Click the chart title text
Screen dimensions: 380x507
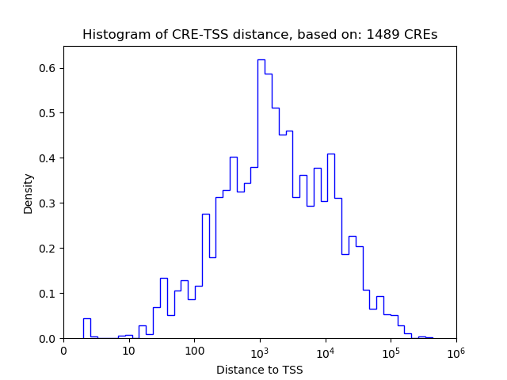coord(260,35)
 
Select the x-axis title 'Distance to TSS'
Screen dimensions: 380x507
coord(260,369)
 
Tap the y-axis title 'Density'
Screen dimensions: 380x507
coord(29,193)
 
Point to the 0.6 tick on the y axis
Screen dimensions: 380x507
coord(49,68)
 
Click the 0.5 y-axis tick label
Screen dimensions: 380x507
coord(49,113)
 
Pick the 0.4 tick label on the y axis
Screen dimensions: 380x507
coord(49,158)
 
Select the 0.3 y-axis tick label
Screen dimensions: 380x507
coord(49,203)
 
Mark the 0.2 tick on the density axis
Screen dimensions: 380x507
coord(49,249)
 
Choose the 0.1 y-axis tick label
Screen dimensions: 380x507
coord(49,294)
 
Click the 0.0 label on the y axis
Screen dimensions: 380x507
coord(49,339)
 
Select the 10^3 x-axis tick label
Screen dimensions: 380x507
coord(260,351)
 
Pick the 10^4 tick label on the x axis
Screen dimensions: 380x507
coord(326,351)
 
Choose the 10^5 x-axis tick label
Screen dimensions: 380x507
coord(391,351)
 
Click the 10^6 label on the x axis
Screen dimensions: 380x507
coord(456,351)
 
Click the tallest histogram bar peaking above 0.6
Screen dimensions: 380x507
coord(261,198)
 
